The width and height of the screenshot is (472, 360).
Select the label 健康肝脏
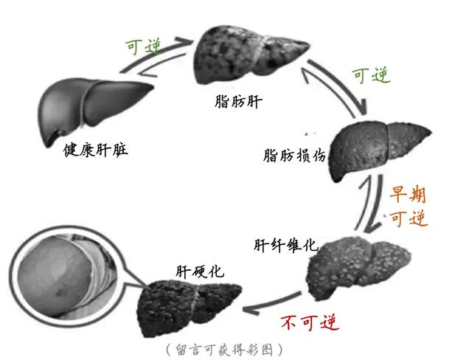[96, 150]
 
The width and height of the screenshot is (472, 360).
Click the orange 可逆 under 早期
[408, 219]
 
